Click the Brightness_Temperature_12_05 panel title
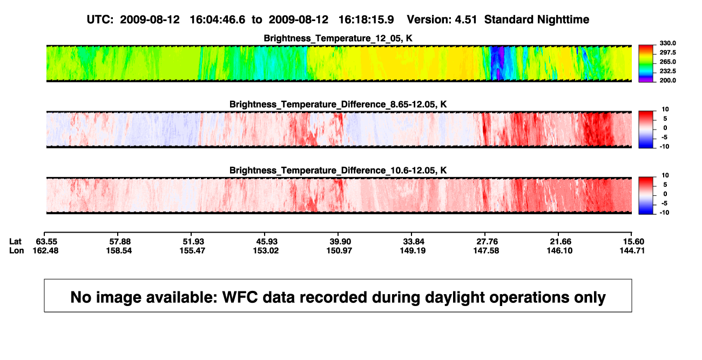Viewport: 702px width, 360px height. point(338,38)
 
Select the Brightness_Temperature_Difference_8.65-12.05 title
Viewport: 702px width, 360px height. point(338,104)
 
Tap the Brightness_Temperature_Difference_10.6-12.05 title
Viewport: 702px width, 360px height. point(338,171)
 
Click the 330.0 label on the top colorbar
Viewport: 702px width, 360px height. point(667,43)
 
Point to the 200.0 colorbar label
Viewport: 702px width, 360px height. point(667,80)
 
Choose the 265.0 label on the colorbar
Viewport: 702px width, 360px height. point(667,62)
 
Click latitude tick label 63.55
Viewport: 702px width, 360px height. point(46,242)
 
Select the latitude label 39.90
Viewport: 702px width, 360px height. point(340,242)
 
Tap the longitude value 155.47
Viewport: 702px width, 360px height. point(192,250)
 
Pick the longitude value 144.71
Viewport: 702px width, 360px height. point(632,250)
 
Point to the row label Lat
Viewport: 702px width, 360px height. point(15,242)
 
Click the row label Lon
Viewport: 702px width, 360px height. point(17,250)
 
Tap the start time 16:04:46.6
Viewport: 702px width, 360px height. point(218,20)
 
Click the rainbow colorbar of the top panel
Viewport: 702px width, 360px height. point(646,64)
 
